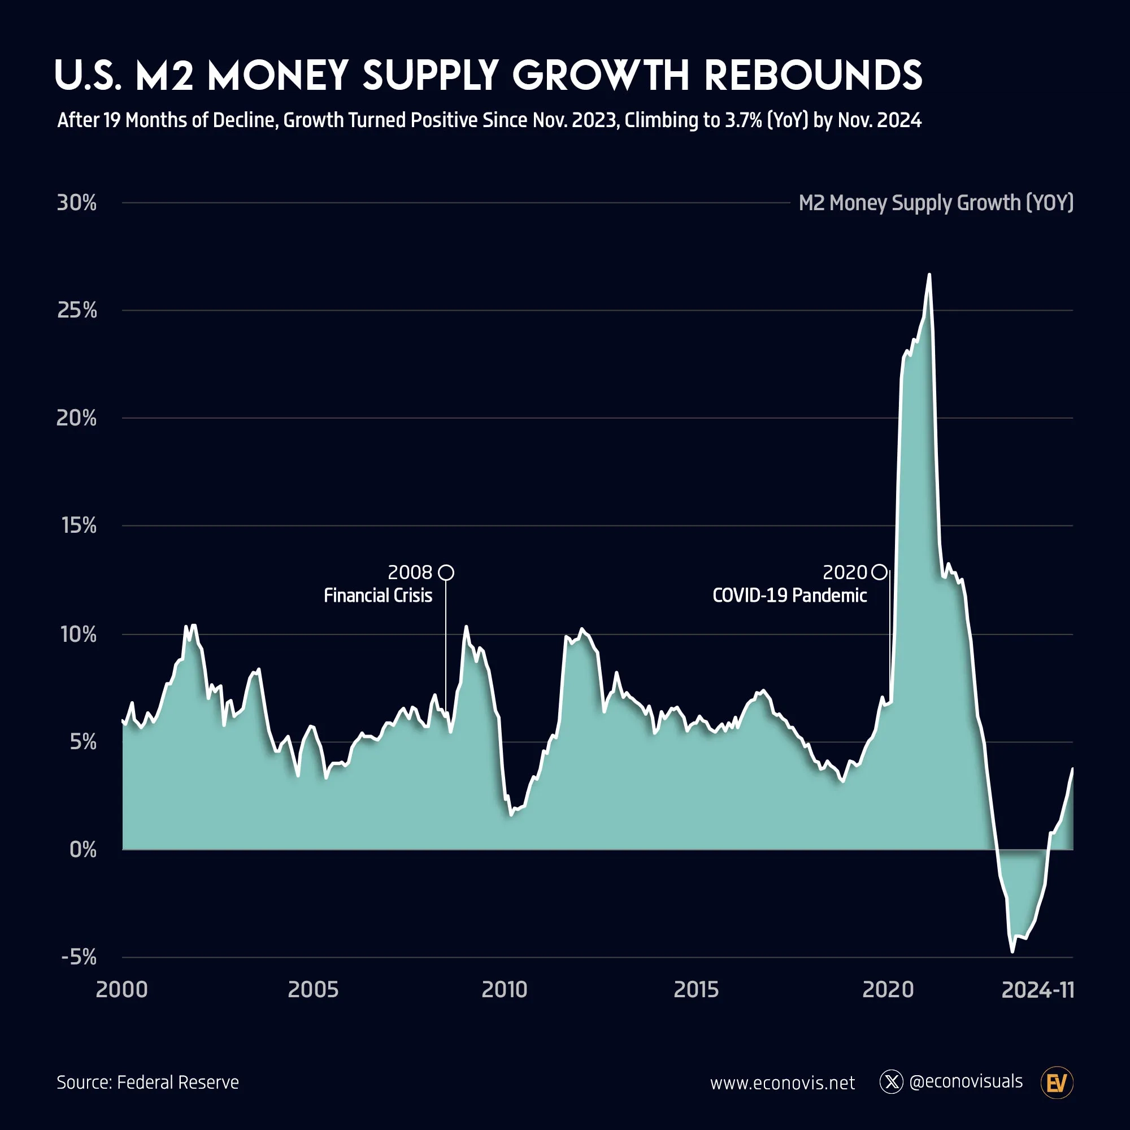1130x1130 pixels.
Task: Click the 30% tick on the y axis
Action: coord(77,203)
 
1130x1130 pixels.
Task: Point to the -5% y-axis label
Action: coord(79,958)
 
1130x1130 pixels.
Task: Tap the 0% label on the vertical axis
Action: coord(82,849)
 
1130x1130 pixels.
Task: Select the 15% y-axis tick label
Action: coord(79,526)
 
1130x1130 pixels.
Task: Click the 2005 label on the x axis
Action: coord(313,990)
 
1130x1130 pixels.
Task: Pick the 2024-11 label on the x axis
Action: coord(1037,990)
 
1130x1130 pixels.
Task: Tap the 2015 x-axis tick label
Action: coord(696,990)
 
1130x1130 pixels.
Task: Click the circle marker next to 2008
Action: coord(446,572)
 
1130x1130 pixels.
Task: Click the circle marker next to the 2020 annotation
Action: coord(879,572)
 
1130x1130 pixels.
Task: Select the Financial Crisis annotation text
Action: coord(378,596)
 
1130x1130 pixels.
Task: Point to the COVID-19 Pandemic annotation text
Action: coord(789,596)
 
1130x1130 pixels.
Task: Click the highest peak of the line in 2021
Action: coord(929,275)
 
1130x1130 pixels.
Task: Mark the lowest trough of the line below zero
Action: coord(1012,951)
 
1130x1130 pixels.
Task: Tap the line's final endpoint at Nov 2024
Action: coord(1073,768)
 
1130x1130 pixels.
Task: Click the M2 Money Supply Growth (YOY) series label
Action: coord(936,203)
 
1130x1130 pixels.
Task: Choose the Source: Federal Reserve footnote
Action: coord(147,1083)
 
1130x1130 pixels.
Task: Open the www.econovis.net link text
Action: coord(782,1083)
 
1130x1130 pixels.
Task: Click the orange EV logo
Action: coord(1057,1083)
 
